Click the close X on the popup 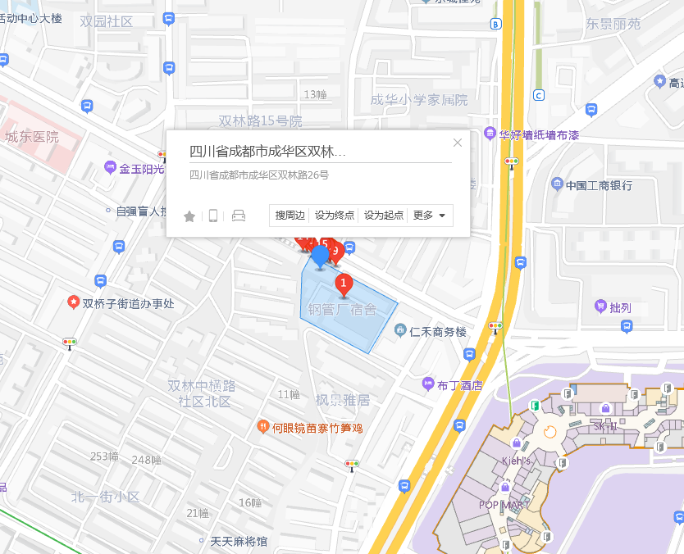pos(458,143)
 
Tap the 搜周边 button pos(290,216)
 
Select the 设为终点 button pos(335,216)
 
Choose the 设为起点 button pos(384,216)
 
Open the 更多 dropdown pos(430,216)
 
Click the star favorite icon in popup pos(189,216)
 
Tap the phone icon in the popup pos(213,216)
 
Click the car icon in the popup pos(239,216)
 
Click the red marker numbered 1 pos(344,284)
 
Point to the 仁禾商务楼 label pos(437,332)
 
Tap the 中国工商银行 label pos(599,185)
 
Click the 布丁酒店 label pos(459,384)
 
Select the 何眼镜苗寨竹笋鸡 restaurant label pos(317,427)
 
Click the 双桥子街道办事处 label pos(128,303)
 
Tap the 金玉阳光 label pos(141,169)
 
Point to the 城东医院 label pos(32,137)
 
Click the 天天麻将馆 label pos(239,542)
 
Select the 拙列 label pos(620,308)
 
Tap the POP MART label pos(504,505)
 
